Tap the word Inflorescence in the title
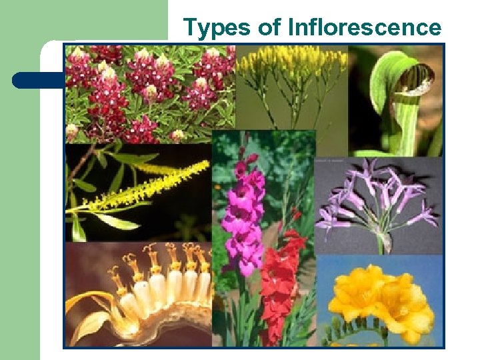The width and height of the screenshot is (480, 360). [x=365, y=27]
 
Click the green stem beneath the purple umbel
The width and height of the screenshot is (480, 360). [x=381, y=243]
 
